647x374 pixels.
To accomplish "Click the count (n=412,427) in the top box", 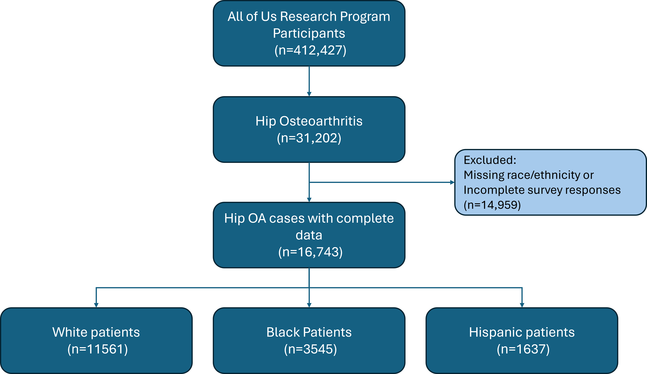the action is click(310, 50).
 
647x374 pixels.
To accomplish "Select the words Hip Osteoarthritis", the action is click(309, 121).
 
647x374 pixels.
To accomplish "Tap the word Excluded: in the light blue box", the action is click(490, 160).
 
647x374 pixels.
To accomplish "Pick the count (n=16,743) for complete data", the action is click(310, 252).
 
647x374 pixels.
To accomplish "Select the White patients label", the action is click(96, 332).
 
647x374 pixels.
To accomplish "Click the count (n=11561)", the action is click(98, 349).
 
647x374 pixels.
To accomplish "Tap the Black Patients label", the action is click(309, 332).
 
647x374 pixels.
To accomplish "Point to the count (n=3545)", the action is click(310, 349).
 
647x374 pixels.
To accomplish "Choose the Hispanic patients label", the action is click(522, 332).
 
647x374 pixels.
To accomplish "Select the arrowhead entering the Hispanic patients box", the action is click(522, 305).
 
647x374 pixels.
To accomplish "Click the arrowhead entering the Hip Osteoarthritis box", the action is click(309, 94).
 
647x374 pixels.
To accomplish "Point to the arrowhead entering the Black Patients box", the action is click(309, 305).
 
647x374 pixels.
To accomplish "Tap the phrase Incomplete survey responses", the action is click(542, 190).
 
